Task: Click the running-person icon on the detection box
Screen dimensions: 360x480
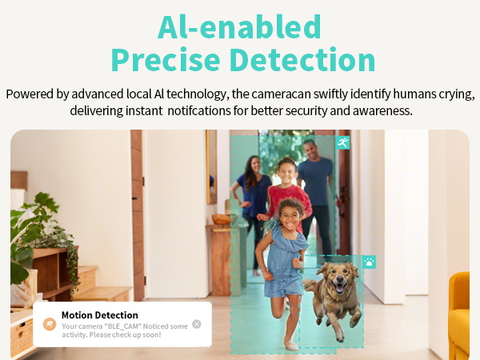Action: pyautogui.click(x=342, y=143)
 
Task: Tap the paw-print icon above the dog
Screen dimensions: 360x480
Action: pyautogui.click(x=369, y=262)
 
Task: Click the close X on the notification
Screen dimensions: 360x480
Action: pyautogui.click(x=197, y=324)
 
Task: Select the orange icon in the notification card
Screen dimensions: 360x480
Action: pyautogui.click(x=49, y=324)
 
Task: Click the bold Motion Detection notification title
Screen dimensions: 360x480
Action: pyautogui.click(x=99, y=315)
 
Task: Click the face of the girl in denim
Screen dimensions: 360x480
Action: pyautogui.click(x=292, y=214)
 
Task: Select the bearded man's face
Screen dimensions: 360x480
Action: pyautogui.click(x=310, y=150)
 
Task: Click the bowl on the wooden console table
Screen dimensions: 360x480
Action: pyautogui.click(x=220, y=219)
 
